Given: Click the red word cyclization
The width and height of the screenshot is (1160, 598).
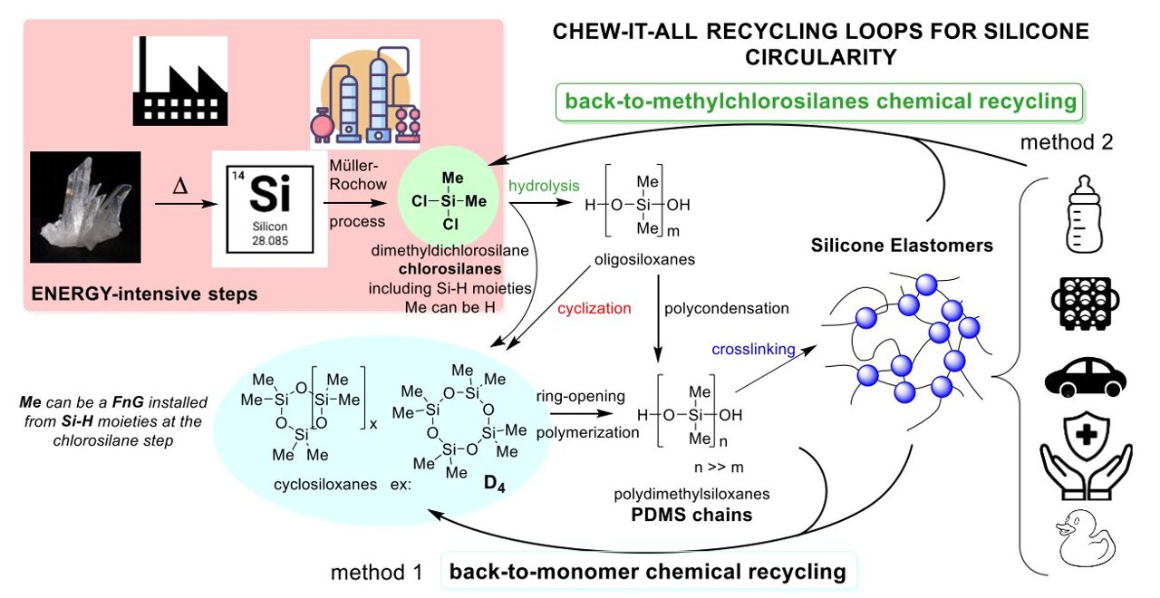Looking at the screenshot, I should [594, 308].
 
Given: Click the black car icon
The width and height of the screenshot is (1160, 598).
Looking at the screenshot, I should [1084, 376].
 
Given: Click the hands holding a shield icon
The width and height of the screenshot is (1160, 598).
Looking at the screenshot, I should [1085, 452].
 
